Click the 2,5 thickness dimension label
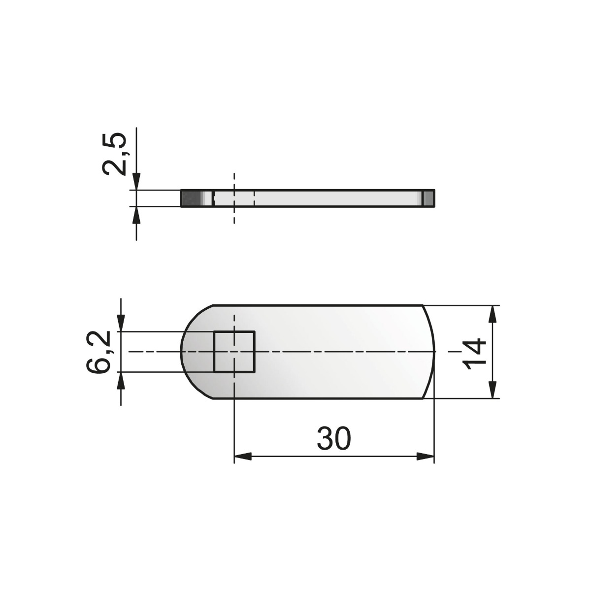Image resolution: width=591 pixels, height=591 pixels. [114, 154]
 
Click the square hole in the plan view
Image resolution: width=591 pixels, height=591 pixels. [234, 352]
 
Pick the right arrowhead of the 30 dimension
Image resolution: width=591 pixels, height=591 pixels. [426, 457]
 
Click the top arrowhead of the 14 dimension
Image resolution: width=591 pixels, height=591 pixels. [492, 314]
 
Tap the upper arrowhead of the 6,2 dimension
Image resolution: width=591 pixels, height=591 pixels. [121, 323]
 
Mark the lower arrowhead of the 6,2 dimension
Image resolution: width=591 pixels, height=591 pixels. [121, 380]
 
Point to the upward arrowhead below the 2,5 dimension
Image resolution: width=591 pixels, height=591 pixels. [136, 215]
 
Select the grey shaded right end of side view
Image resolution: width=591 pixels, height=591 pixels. [429, 198]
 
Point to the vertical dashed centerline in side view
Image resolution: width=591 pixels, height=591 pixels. [234, 217]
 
